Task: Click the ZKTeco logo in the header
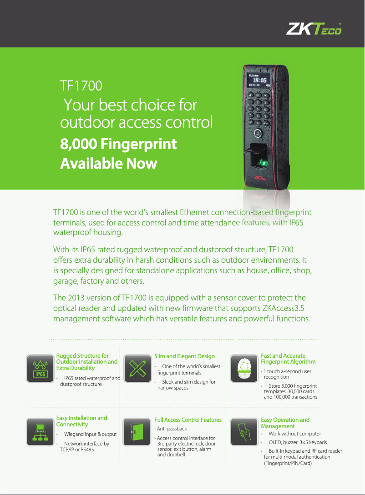(x=314, y=29)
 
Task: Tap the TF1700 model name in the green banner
(x=81, y=86)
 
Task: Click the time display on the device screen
(x=259, y=80)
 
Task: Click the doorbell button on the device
(x=258, y=134)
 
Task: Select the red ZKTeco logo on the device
(x=260, y=178)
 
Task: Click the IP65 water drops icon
(x=40, y=368)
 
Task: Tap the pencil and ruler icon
(x=137, y=368)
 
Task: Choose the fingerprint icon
(x=244, y=368)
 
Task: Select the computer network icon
(x=40, y=432)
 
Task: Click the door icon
(x=137, y=432)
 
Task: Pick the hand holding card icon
(x=244, y=432)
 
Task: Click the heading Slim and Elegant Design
(x=185, y=356)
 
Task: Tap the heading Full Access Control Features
(x=188, y=420)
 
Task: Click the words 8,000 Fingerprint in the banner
(x=118, y=144)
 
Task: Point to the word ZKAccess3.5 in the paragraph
(x=283, y=308)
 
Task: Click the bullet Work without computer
(x=295, y=434)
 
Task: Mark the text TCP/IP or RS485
(x=77, y=450)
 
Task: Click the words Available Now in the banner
(x=108, y=163)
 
